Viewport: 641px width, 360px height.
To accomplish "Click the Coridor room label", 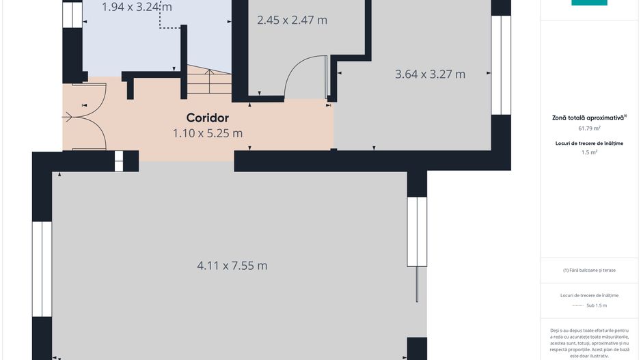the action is [207, 118].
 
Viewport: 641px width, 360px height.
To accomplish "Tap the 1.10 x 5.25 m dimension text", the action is [208, 133].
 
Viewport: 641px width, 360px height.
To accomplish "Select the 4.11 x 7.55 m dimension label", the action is [232, 266].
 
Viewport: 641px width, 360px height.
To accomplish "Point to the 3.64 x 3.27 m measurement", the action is [430, 74].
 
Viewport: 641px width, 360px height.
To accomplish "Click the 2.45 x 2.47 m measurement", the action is [292, 20].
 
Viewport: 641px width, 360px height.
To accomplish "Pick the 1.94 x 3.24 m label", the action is [137, 7].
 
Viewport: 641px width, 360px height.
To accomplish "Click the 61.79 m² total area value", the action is [589, 128].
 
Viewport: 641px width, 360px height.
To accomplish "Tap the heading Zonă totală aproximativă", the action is [590, 117].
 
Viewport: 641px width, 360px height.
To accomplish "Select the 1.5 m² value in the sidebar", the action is [589, 152].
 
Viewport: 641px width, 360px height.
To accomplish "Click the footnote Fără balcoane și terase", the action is [589, 270].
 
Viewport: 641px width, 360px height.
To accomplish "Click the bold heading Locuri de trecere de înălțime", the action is [589, 143].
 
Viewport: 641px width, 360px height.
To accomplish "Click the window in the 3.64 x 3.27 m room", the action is [501, 65].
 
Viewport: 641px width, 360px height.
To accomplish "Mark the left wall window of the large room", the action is [42, 269].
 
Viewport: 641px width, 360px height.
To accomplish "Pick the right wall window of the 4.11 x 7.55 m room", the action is [417, 232].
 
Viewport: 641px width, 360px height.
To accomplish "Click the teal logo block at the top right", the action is [589, 3].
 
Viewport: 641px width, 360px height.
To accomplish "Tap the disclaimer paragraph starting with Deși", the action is [589, 343].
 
